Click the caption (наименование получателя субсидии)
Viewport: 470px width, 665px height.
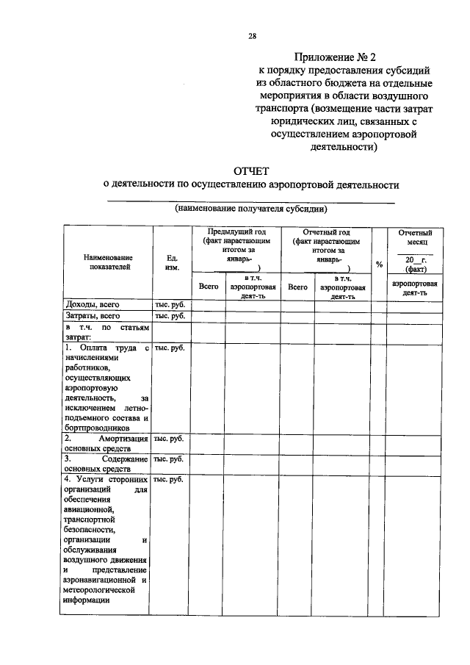[251, 208]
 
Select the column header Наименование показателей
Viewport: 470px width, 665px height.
[107, 262]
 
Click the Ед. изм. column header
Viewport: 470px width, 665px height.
[171, 262]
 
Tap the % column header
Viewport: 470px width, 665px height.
[379, 265]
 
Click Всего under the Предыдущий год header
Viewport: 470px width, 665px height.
[209, 287]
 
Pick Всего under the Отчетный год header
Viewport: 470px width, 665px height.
[298, 287]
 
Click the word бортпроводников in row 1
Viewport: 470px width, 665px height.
[97, 427]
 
